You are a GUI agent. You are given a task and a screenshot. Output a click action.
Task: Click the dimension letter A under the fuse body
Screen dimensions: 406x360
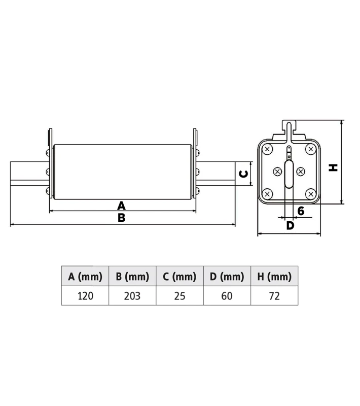[x=121, y=206]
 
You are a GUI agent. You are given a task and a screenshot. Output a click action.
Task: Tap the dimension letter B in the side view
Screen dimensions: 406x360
[x=121, y=218]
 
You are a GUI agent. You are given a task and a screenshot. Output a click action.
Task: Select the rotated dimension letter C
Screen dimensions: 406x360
[x=244, y=174]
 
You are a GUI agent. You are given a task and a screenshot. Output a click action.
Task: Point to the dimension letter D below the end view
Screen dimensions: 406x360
[x=290, y=225]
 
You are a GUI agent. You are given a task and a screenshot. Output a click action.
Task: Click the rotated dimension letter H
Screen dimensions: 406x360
[x=333, y=167]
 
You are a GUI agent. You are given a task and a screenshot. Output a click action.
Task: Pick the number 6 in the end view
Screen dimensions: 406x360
[x=301, y=211]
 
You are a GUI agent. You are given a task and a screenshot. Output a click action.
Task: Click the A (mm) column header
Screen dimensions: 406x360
[x=85, y=277]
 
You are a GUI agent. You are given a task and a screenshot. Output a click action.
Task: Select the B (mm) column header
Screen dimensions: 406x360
[x=132, y=277]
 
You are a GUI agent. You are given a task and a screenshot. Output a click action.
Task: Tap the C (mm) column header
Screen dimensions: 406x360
[x=179, y=277]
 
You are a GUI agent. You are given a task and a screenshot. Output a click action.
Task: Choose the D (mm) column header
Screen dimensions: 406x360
[x=227, y=277]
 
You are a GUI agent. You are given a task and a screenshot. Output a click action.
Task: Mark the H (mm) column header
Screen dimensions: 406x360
[x=274, y=277]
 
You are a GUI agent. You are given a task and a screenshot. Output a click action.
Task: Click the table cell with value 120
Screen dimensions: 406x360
[x=85, y=296]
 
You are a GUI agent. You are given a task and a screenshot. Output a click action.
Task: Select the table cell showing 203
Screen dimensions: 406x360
[x=132, y=296]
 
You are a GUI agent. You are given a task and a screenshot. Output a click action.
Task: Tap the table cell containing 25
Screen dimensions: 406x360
[x=179, y=296]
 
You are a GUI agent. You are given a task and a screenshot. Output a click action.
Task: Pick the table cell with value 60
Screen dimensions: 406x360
[x=227, y=296]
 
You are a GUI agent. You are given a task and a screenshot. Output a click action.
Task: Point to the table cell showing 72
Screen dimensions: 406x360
[x=274, y=296]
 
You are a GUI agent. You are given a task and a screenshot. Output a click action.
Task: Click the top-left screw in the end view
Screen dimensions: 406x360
[x=267, y=149]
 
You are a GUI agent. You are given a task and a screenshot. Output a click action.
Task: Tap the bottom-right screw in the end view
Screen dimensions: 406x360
[x=311, y=194]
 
